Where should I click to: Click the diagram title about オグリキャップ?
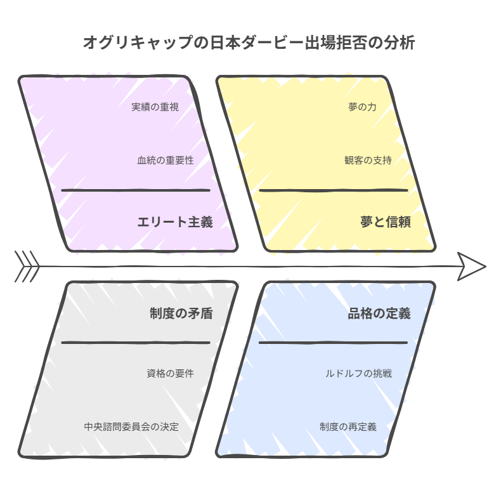tap(249, 43)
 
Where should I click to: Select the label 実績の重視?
tap(155, 107)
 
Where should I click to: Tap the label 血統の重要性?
tap(166, 160)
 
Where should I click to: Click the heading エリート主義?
tap(175, 222)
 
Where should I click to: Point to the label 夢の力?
tap(362, 107)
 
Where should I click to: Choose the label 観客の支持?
tap(368, 160)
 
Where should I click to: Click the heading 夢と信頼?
tap(386, 222)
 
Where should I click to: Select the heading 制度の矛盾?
tap(181, 313)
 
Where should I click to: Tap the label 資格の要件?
tap(171, 373)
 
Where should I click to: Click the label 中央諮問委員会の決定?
tap(131, 426)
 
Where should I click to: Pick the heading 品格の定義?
tap(379, 313)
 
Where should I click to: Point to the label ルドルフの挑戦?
tap(358, 373)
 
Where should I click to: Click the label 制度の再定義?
tap(348, 426)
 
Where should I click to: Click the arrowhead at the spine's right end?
tap(472, 267)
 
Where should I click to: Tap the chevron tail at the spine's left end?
tap(27, 267)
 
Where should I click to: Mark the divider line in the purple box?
tap(136, 190)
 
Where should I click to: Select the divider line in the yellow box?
tap(334, 190)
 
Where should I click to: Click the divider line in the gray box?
tap(136, 343)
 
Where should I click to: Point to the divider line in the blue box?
tap(333, 343)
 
